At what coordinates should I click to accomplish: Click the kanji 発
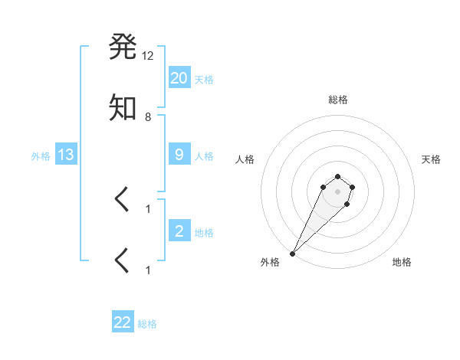coord(123,47)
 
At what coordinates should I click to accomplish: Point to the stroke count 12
coord(148,55)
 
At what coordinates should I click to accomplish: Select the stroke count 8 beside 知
coord(148,117)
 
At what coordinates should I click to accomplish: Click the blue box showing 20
coord(179,77)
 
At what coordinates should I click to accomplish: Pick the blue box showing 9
coord(179,155)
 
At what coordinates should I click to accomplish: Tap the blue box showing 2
coord(179,231)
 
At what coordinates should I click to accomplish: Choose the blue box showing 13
coord(66,155)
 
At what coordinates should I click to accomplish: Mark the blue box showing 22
coord(123,322)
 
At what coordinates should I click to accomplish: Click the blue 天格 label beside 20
coord(204,79)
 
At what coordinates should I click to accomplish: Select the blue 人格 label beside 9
coord(204,156)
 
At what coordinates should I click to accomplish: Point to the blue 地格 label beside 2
coord(204,232)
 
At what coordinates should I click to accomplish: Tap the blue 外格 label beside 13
coord(41,156)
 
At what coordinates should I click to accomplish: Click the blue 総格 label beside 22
coord(147,324)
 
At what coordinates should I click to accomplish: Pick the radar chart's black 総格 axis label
coord(337,100)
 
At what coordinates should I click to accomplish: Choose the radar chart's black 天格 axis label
coord(431,159)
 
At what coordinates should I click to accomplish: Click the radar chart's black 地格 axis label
coord(402,262)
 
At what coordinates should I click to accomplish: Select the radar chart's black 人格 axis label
coord(245,159)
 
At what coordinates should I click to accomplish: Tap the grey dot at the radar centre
coord(337,191)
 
